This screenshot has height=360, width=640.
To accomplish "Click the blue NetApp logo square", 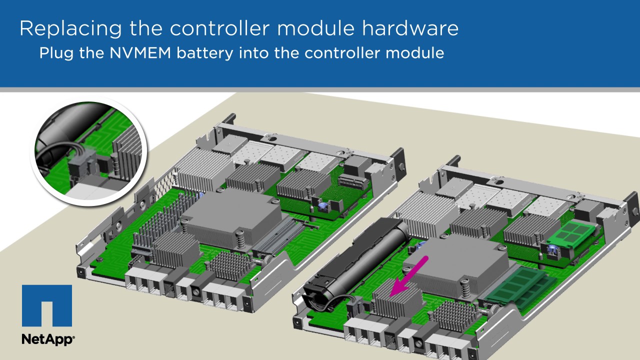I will (x=46, y=306).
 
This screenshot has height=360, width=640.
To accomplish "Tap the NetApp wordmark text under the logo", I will (x=48, y=339).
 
